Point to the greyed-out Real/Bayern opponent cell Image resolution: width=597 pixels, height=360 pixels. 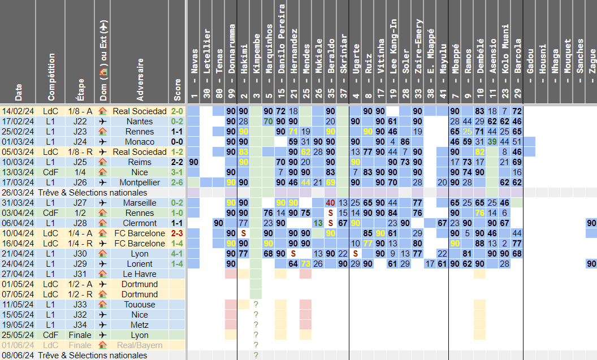140,345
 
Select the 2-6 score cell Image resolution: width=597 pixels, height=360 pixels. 178,183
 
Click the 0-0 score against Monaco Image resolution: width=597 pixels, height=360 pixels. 178,142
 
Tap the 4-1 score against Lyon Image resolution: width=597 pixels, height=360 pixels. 178,254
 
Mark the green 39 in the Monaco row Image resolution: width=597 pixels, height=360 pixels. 492,142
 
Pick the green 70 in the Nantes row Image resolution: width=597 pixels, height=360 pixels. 269,122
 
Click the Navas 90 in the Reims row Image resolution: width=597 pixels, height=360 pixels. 194,162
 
